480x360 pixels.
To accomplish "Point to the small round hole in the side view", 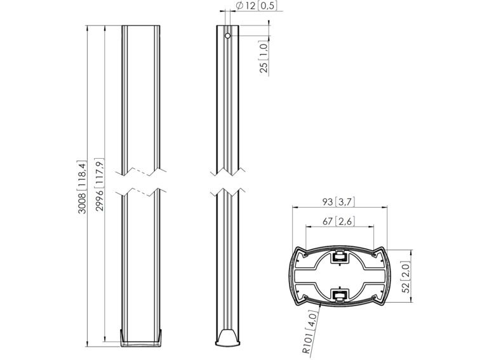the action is point(227,36).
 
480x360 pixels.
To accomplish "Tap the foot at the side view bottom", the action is point(228,338).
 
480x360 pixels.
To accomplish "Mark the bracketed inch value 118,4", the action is point(83,173).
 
